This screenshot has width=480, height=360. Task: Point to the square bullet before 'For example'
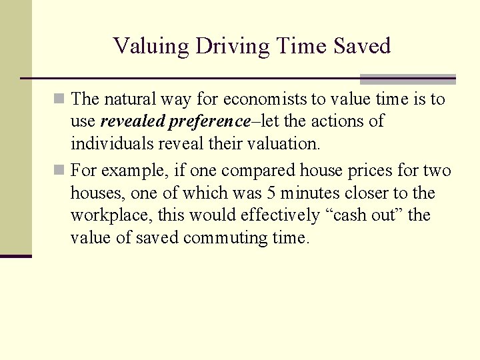click(x=60, y=171)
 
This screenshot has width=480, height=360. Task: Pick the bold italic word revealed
click(x=132, y=122)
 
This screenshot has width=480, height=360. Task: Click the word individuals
click(x=111, y=144)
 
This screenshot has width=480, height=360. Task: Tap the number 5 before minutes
click(x=270, y=193)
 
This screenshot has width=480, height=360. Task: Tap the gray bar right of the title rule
click(x=407, y=79)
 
